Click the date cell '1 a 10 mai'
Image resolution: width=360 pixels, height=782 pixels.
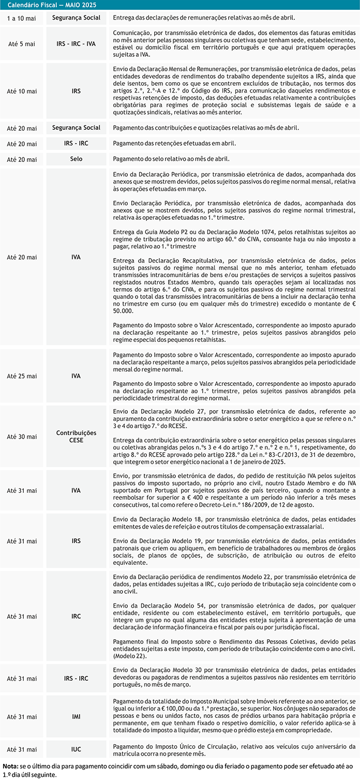[x=22, y=18]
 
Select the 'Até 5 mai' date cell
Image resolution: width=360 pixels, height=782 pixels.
[x=22, y=44]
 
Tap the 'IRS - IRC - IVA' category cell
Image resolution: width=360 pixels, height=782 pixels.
[x=76, y=44]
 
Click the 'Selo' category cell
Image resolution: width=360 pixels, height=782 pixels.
[x=76, y=159]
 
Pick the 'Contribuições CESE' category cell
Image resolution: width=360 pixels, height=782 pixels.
[x=76, y=437]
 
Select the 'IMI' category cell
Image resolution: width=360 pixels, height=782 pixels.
[x=76, y=717]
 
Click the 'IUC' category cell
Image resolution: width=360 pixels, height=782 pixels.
[x=76, y=749]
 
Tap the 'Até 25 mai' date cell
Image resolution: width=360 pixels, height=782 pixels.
[x=22, y=376]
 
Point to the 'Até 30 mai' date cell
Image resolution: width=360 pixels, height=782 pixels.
[x=22, y=437]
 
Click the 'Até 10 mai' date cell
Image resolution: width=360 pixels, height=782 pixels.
[x=22, y=91]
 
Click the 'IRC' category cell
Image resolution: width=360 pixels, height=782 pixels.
[x=76, y=616]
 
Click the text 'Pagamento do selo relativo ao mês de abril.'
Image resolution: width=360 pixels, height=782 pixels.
[x=171, y=159]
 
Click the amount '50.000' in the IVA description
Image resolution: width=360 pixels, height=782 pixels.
[x=123, y=311]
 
